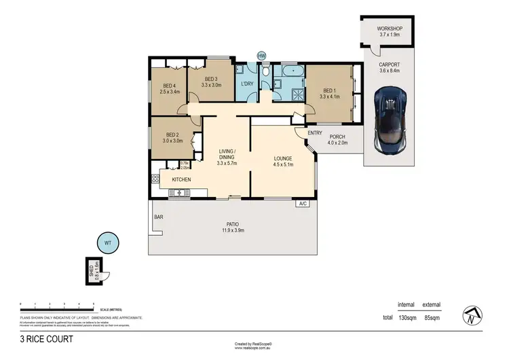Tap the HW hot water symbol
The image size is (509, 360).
pos(261,56)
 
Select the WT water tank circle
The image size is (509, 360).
pos(107,242)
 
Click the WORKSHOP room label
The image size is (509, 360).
pos(390,29)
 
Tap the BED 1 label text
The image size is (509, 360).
pos(328,90)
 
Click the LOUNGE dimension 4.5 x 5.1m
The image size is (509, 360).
pos(282,163)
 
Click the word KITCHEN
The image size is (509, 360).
pos(181,179)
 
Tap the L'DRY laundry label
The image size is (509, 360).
pos(248,84)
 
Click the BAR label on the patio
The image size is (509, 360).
pos(159,217)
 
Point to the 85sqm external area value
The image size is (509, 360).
pos(432,317)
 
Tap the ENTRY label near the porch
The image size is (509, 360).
pos(314,132)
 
